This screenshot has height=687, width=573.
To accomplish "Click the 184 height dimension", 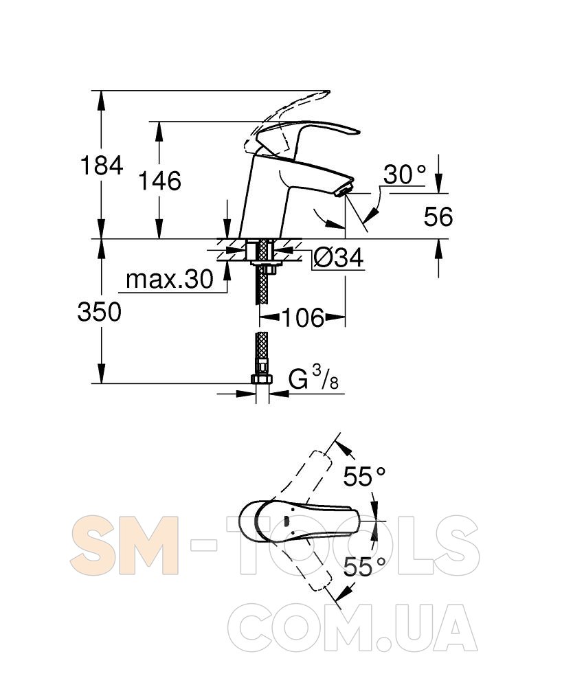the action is pyautogui.click(x=102, y=166).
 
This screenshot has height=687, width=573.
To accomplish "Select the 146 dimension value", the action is pyautogui.click(x=159, y=181).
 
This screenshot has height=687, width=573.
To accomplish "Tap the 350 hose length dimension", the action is pyautogui.click(x=100, y=312).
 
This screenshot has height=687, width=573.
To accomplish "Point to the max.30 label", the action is pyautogui.click(x=170, y=279).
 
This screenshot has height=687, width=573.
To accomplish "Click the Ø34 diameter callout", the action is pyautogui.click(x=339, y=257).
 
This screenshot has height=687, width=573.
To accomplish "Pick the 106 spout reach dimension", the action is pyautogui.click(x=302, y=317).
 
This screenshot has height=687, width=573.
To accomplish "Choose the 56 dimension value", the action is pyautogui.click(x=438, y=216).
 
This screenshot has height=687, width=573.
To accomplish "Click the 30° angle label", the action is pyautogui.click(x=405, y=174).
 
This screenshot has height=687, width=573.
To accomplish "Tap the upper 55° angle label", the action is pyautogui.click(x=364, y=476).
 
